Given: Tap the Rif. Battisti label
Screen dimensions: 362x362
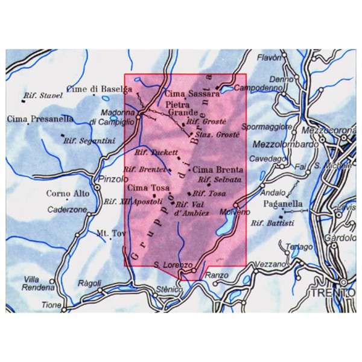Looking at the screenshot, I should [x=273, y=223].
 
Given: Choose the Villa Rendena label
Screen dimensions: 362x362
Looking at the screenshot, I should [x=36, y=282].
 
